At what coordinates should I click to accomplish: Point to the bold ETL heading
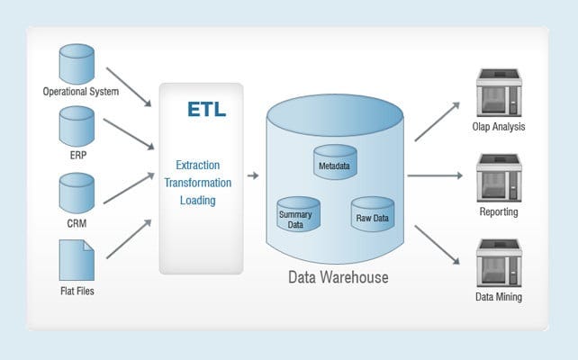pos(207,110)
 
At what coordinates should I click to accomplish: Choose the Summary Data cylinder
pos(298,215)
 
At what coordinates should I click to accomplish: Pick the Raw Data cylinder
pos(373,214)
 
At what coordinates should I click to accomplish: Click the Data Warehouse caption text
pos(338,277)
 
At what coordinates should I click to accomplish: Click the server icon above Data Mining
pos(498,264)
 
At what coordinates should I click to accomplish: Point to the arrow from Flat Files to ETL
pos(128,239)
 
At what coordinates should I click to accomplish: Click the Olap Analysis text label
pos(498,127)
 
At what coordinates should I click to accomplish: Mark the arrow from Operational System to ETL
pos(128,85)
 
